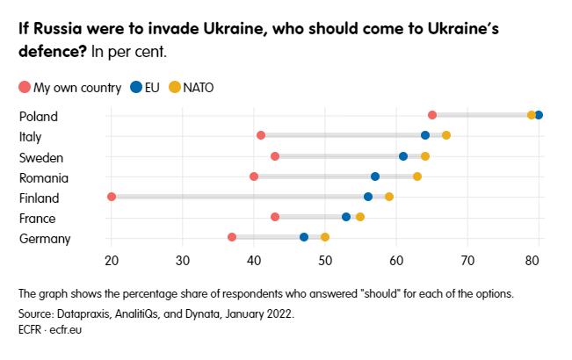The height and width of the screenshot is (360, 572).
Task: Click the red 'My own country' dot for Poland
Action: point(432,115)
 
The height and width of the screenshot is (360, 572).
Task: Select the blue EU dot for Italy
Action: point(425,135)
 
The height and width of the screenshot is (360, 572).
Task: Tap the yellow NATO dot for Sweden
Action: point(425,156)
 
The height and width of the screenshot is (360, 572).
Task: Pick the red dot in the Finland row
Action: point(112,197)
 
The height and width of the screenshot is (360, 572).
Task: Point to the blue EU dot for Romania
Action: point(375,176)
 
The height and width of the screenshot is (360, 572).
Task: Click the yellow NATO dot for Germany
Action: point(325,237)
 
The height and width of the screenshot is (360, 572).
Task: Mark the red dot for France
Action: point(275,217)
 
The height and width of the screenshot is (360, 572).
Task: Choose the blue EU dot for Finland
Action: point(368,197)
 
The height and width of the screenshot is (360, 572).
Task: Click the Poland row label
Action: point(38,116)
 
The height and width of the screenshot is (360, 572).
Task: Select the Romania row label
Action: point(43,177)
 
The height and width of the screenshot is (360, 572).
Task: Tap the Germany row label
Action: point(44,239)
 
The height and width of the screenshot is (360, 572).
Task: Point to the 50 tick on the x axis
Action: point(325,260)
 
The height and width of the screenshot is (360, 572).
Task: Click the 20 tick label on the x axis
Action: point(112,260)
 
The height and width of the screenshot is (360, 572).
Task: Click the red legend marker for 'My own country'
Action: point(25,87)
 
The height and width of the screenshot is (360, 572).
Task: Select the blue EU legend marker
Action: point(136,87)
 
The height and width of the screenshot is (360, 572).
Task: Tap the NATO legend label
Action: point(198,87)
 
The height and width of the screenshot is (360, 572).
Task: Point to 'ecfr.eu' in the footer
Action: point(62,330)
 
